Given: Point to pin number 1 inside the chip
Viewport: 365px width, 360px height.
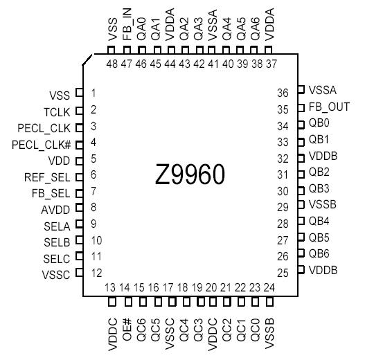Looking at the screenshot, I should [x=94, y=93].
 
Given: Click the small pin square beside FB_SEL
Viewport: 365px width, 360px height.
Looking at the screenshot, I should [x=78, y=192].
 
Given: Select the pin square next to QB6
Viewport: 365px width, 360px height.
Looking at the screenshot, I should [x=301, y=253].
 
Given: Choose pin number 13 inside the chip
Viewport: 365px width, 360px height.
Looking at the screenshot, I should [x=110, y=287].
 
